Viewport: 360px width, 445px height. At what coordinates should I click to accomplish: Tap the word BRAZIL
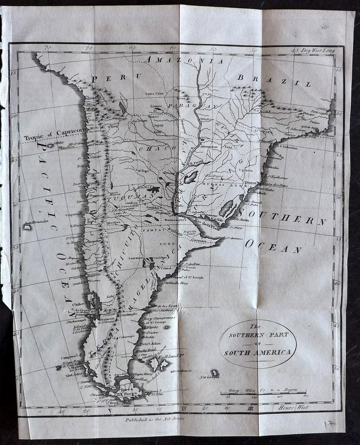click(x=274, y=81)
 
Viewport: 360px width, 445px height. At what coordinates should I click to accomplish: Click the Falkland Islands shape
click(x=157, y=364)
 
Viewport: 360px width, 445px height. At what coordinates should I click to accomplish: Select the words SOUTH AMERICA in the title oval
click(x=258, y=352)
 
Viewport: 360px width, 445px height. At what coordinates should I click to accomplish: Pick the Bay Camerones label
click(x=159, y=318)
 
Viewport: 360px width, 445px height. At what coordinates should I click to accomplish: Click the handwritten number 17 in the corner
click(x=330, y=424)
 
